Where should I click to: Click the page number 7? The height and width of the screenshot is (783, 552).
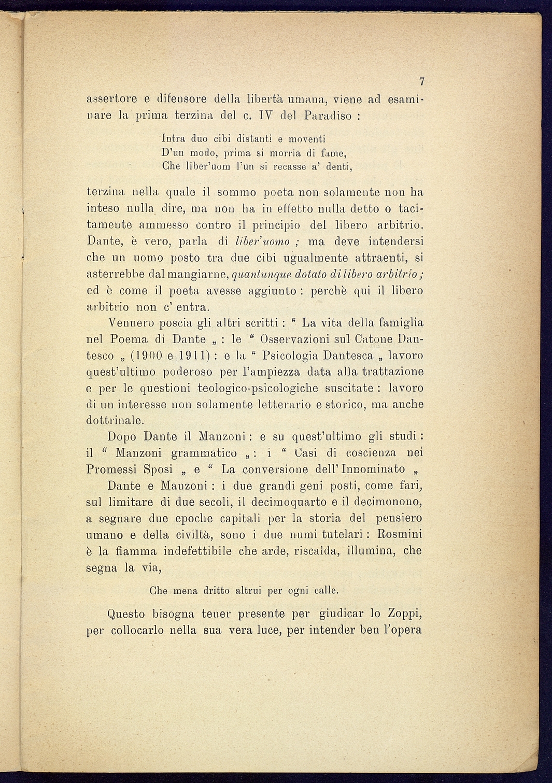tap(422, 81)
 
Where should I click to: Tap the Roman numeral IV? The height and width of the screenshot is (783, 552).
tap(265, 115)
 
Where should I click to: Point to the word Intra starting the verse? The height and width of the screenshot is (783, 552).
tap(174, 138)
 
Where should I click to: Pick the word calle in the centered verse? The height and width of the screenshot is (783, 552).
tap(327, 590)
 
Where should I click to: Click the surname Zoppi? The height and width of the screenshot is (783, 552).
tap(404, 614)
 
